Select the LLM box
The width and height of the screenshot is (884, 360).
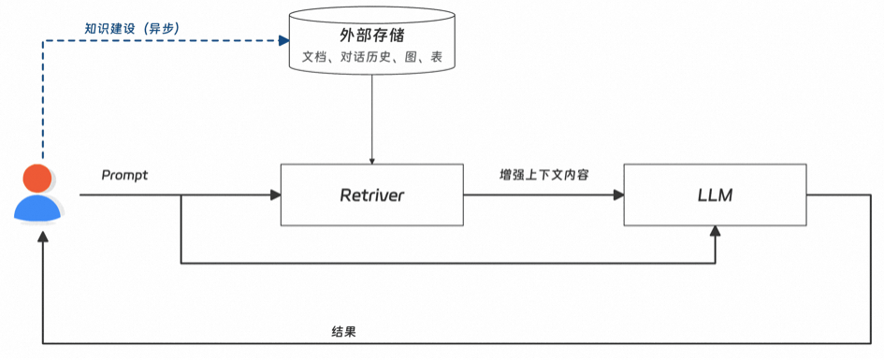(x=715, y=194)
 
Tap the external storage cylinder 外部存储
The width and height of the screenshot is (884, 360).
(x=372, y=43)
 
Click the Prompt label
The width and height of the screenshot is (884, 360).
(x=124, y=175)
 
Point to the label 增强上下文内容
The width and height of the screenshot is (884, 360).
(x=543, y=175)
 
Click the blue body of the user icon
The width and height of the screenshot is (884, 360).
(x=37, y=208)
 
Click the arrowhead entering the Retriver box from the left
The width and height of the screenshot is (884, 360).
(x=275, y=195)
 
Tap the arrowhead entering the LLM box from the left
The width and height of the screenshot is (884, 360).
(x=618, y=195)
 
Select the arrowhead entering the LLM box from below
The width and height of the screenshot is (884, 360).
(x=716, y=231)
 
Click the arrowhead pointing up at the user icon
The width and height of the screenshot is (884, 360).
(x=41, y=238)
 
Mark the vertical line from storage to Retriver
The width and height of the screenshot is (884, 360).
(x=372, y=117)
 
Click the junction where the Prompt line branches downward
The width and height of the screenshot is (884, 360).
(x=180, y=195)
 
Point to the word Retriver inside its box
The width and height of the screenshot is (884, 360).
(x=371, y=195)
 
